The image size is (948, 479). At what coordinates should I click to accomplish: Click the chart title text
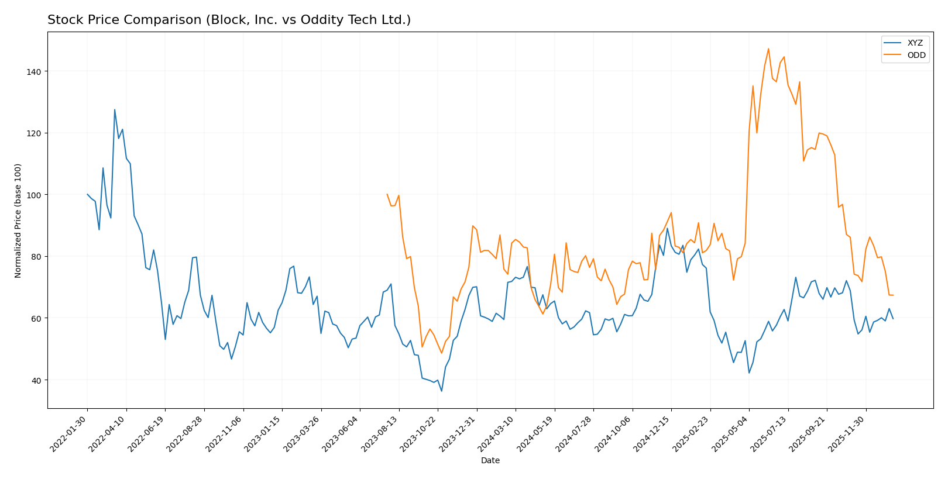pyautogui.click(x=229, y=20)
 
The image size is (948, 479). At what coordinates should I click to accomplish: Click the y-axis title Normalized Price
pyautogui.click(x=18, y=220)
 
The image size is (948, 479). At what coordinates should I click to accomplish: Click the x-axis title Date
pyautogui.click(x=490, y=461)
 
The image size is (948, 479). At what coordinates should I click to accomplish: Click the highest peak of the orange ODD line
pyautogui.click(x=768, y=49)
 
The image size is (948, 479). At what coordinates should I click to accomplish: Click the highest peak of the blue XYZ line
pyautogui.click(x=115, y=109)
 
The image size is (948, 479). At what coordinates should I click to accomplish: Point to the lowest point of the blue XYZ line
pyautogui.click(x=442, y=391)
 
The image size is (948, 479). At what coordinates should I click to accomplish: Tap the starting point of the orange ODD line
pyautogui.click(x=387, y=194)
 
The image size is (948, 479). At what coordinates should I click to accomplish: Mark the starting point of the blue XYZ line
pyautogui.click(x=87, y=194)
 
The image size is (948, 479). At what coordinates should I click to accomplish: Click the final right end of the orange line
pyautogui.click(x=893, y=295)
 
